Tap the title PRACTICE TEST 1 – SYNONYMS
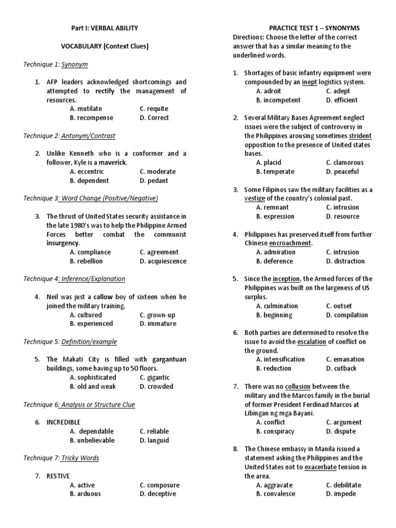pyautogui.click(x=315, y=28)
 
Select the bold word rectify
pyautogui.click(x=104, y=91)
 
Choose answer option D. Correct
pyautogui.click(x=154, y=118)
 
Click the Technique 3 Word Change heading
pyautogui.click(x=91, y=198)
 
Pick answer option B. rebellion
pyautogui.click(x=88, y=261)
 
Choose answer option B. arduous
pyautogui.click(x=86, y=493)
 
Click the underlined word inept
pyautogui.click(x=309, y=82)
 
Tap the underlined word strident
pyautogui.click(x=360, y=136)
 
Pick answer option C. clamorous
pyautogui.click(x=344, y=162)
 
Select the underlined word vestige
pyautogui.click(x=255, y=198)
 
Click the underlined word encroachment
pyautogui.click(x=290, y=243)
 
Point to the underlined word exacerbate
pyautogui.click(x=323, y=467)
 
